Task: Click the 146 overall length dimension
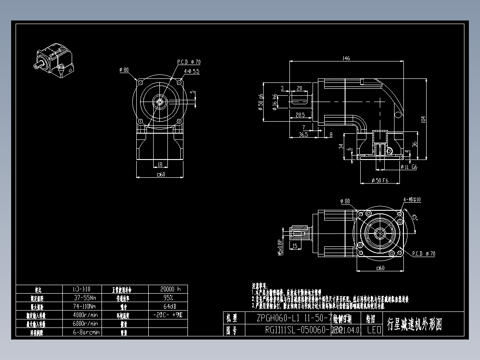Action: [346, 58]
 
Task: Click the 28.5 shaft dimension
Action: [301, 115]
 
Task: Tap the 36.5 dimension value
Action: [303, 134]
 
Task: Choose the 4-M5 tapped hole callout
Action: [412, 200]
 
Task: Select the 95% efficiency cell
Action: [167, 297]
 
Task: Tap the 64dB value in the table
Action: [167, 306]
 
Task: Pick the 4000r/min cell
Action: [86, 315]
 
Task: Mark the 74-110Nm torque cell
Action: [86, 306]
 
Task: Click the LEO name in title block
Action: [374, 330]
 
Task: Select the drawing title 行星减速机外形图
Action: [415, 324]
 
